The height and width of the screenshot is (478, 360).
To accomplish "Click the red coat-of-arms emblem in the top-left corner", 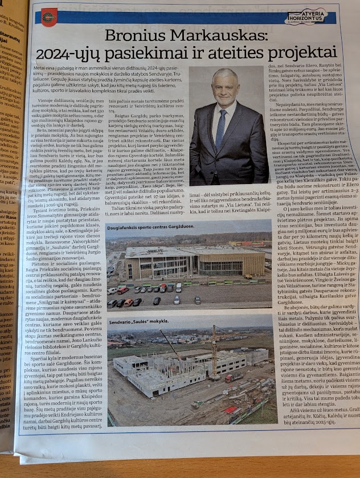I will click(x=49, y=18).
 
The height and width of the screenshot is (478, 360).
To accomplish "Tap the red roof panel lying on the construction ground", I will click(x=230, y=409).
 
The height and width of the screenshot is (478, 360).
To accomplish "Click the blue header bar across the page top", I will click(x=171, y=18).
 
